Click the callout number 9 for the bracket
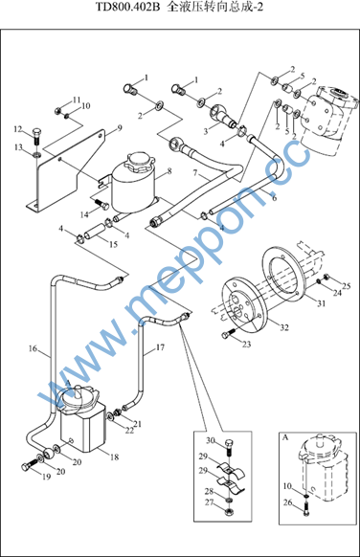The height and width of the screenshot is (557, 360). point(120,128)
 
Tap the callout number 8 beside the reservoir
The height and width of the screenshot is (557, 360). point(169,171)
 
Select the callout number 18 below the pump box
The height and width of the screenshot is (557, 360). point(114,457)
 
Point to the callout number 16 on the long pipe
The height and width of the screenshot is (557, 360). point(33,348)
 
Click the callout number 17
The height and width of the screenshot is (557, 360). point(160,347)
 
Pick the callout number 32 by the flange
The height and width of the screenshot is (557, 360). point(284,327)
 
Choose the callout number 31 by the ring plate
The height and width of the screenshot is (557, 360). point(322,303)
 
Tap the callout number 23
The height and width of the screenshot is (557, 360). point(247,344)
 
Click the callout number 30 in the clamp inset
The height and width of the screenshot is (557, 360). point(211,440)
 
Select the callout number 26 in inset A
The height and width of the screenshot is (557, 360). point(288,502)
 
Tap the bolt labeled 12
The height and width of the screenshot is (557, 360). point(36,136)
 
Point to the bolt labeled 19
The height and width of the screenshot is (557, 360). point(29,465)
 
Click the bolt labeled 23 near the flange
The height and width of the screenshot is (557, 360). point(228,333)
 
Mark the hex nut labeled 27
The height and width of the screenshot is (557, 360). point(230,512)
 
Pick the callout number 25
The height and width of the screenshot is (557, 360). point(347,286)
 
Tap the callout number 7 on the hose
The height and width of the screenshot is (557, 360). point(195,173)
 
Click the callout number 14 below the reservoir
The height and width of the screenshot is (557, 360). point(84,214)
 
